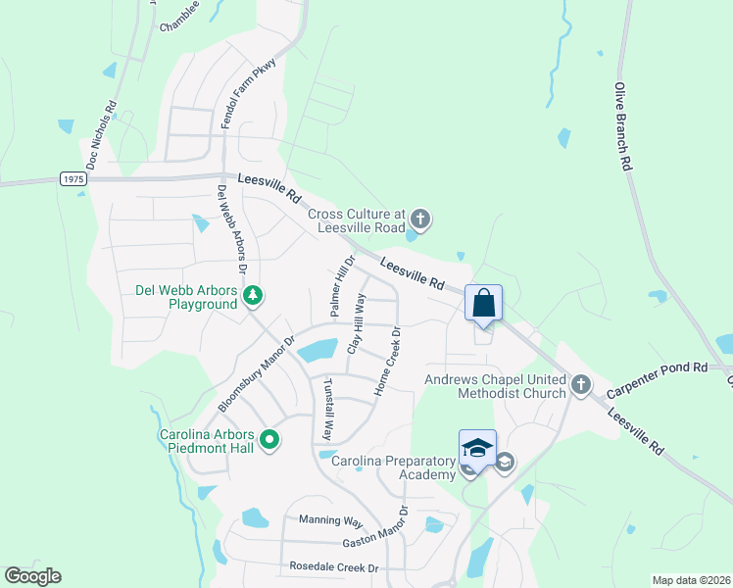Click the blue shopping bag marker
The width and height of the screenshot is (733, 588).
pos(484,303)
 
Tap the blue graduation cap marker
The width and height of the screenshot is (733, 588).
pos(477,448)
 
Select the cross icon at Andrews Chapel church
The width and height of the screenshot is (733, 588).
pos(580,384)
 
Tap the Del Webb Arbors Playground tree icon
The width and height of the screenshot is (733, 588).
pos(252,294)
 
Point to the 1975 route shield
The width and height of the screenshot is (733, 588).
pos(73,178)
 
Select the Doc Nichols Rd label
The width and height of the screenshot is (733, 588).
pos(102,134)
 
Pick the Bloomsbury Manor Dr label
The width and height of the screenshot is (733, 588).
pos(256,375)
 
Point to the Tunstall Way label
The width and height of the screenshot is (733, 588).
pos(327,408)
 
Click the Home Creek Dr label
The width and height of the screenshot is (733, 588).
pos(388,362)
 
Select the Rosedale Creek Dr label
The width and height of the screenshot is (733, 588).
pos(333,567)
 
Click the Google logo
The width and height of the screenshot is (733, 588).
pos(32,576)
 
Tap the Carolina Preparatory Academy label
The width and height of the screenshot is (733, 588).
pos(393,467)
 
